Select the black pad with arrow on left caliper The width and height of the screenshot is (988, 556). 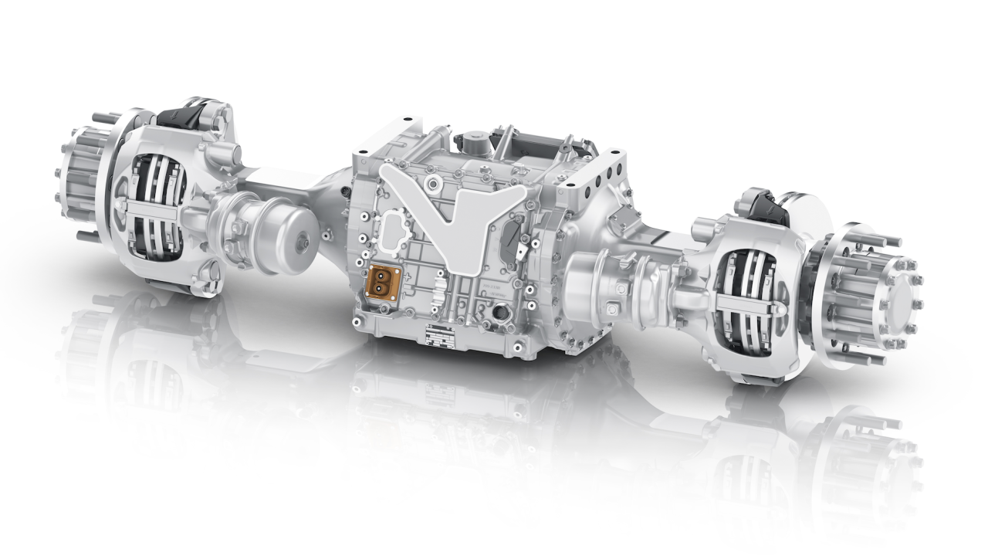pos(176,117)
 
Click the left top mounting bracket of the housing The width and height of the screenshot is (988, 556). pos(398,134)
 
